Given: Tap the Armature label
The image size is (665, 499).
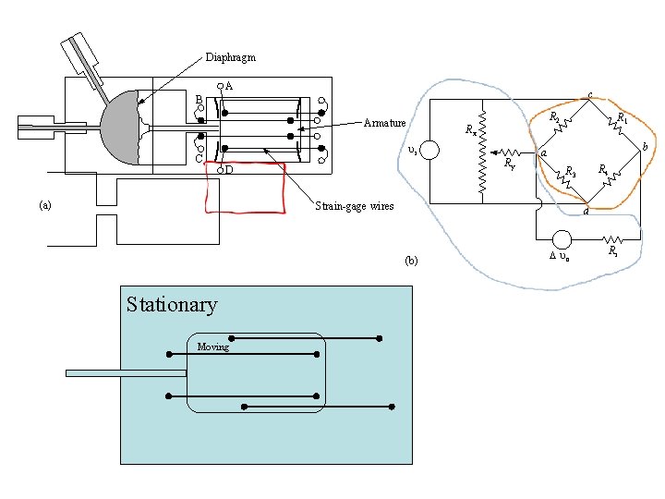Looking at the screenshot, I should click(x=385, y=123).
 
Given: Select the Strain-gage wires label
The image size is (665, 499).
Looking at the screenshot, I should click(x=355, y=206).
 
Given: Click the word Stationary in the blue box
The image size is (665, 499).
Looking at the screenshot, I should click(x=172, y=305).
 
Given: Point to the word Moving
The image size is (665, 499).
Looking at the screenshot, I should click(x=212, y=347).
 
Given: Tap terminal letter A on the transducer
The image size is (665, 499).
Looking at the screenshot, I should click(x=229, y=86).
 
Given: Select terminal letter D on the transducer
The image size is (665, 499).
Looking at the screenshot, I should click(x=229, y=170).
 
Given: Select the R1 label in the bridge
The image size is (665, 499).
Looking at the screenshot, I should click(x=623, y=118).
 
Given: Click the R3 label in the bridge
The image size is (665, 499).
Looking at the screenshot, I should click(x=572, y=172).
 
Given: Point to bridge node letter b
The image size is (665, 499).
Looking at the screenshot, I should click(x=645, y=147).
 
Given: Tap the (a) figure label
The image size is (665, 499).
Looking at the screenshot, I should click(x=45, y=204).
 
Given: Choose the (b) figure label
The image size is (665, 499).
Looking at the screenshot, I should click(x=411, y=261).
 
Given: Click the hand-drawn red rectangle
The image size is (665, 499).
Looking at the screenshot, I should click(x=245, y=188).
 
